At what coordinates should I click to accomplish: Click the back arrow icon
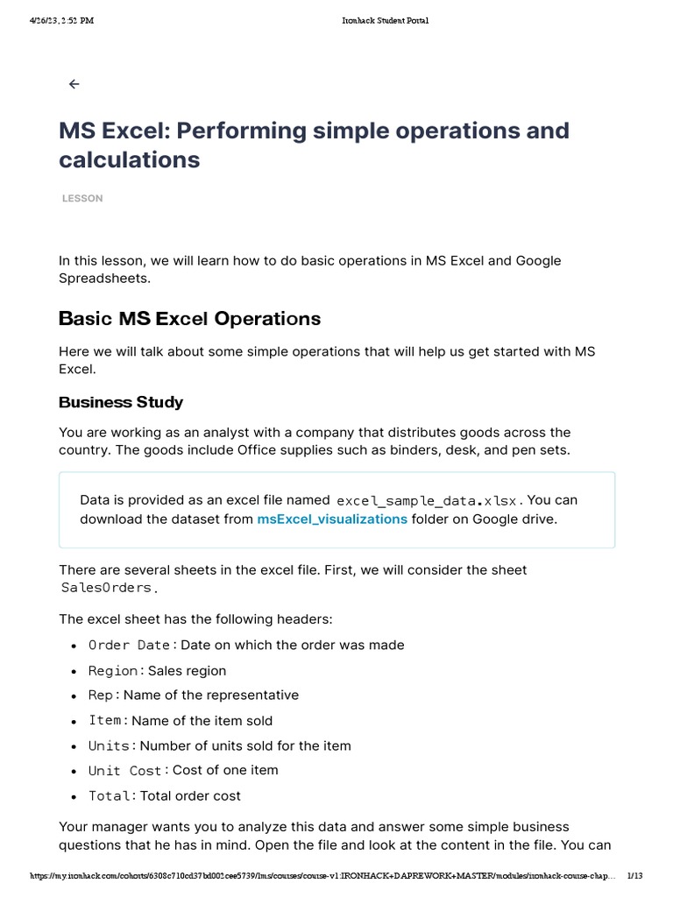pyautogui.click(x=74, y=84)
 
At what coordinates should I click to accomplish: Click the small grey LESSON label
pyautogui.click(x=82, y=199)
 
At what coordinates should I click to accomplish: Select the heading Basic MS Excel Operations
pyautogui.click(x=189, y=318)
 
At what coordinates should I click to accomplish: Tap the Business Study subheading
pyautogui.click(x=121, y=402)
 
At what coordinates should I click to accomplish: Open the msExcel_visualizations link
pyautogui.click(x=332, y=519)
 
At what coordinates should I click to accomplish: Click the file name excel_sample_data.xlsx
pyautogui.click(x=429, y=501)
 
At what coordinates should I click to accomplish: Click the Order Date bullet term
pyautogui.click(x=129, y=646)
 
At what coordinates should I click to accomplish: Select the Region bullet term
pyautogui.click(x=113, y=671)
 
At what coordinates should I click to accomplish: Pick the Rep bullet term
pyautogui.click(x=101, y=696)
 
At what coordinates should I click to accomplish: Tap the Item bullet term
pyautogui.click(x=105, y=721)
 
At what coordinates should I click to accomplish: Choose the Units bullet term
pyautogui.click(x=110, y=746)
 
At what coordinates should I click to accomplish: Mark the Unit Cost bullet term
pyautogui.click(x=125, y=771)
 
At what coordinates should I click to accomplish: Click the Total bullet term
pyautogui.click(x=110, y=796)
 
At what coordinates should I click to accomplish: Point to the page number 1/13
pyautogui.click(x=635, y=876)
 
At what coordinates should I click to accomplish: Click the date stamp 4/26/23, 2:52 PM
pyautogui.click(x=60, y=21)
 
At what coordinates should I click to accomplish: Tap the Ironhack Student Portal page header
pyautogui.click(x=386, y=21)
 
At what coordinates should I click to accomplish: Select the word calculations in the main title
pyautogui.click(x=129, y=159)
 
